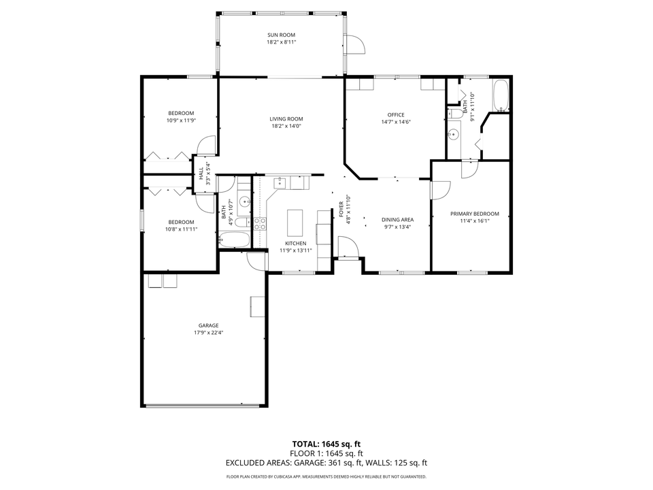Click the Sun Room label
281,35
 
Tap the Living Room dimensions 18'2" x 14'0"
286,126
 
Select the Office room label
396,115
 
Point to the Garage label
208,326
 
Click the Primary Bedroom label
474,214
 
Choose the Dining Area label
398,220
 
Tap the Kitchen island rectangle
295,223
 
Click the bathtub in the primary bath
501,95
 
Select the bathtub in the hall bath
235,240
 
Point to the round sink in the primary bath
454,134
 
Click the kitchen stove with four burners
260,224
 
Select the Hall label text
201,174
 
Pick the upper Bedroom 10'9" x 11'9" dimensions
181,120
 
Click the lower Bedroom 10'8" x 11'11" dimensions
181,229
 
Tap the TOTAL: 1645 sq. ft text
326,444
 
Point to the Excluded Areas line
326,463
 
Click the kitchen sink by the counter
280,182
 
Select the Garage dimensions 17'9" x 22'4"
208,333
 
